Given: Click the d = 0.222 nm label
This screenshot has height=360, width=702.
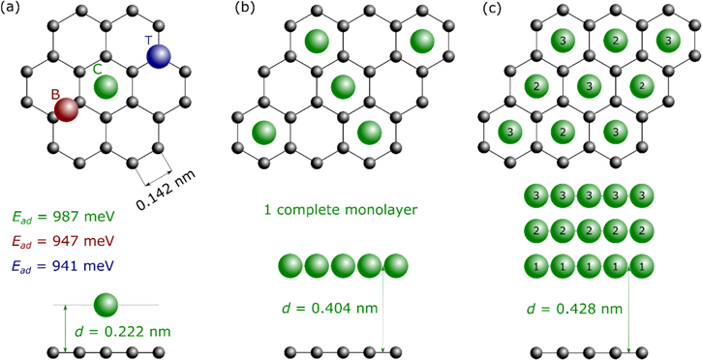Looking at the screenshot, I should [x=122, y=331].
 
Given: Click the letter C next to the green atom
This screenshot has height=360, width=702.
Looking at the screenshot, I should [x=98, y=69].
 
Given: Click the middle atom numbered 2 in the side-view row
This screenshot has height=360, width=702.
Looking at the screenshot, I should [x=585, y=230].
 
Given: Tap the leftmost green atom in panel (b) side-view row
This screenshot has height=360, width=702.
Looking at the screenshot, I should [x=290, y=265].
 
